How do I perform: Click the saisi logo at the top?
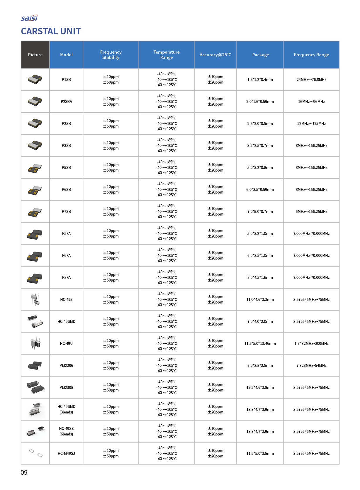click(29, 18)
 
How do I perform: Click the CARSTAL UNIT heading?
click(51, 31)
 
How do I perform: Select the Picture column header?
click(35, 55)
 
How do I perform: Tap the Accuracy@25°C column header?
click(215, 55)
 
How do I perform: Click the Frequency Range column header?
click(311, 55)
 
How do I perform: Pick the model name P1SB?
click(66, 79)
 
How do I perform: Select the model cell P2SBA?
click(66, 101)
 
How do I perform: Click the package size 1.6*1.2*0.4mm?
click(260, 79)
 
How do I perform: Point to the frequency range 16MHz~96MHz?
click(311, 101)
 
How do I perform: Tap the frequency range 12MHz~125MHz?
click(311, 123)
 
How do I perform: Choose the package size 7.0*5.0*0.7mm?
click(260, 211)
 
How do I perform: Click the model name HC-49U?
click(66, 343)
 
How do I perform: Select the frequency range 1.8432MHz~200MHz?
click(311, 343)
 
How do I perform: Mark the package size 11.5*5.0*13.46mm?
click(260, 343)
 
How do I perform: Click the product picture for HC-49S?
click(35, 299)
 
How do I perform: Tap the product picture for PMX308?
click(35, 387)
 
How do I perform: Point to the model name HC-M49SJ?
click(66, 453)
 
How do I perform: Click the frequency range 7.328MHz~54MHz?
click(311, 365)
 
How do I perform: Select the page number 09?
click(24, 472)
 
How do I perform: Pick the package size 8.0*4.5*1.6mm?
click(260, 277)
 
